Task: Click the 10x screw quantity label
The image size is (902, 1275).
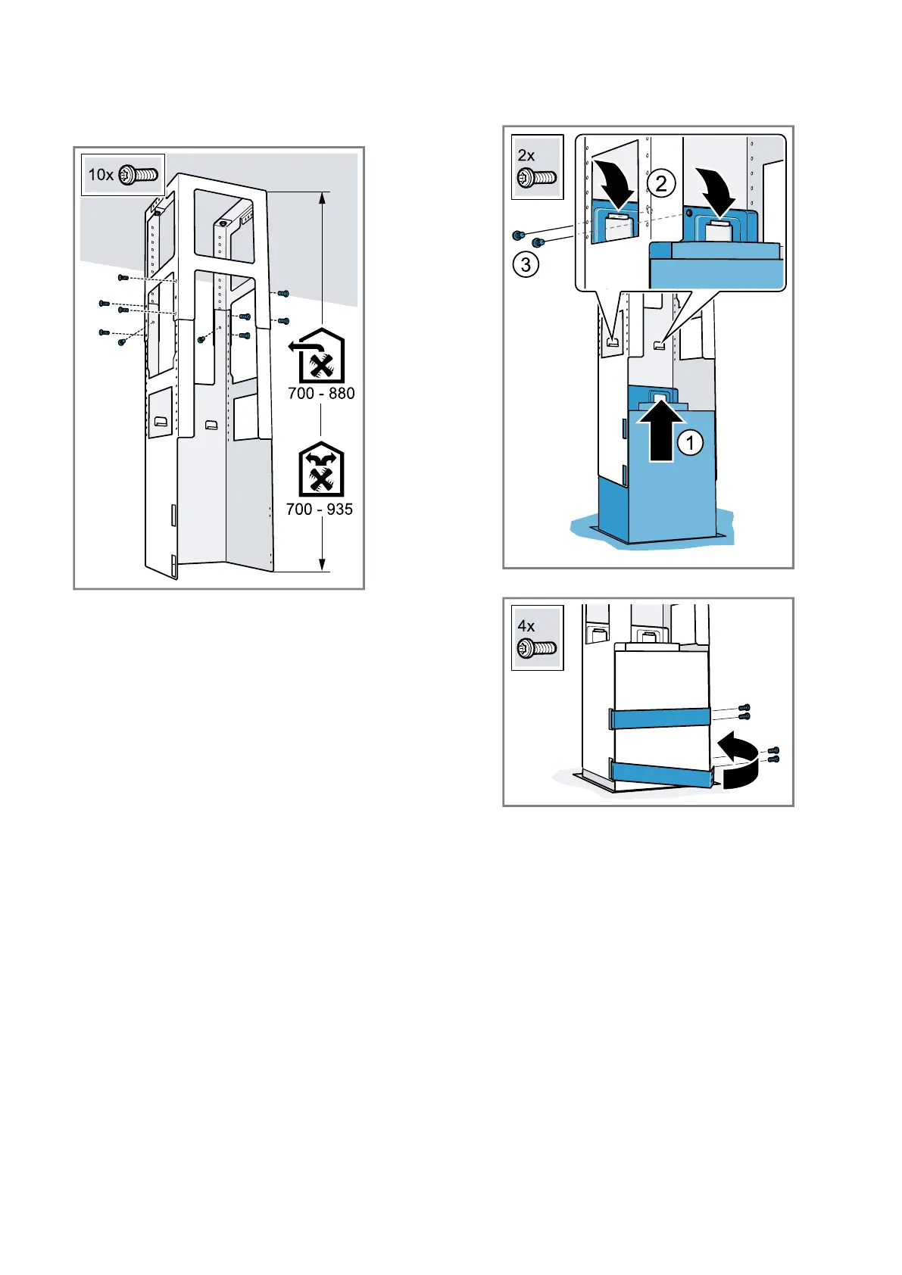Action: pos(101,175)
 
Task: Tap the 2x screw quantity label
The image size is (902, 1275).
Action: pos(526,155)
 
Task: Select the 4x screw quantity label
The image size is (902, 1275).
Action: pos(526,626)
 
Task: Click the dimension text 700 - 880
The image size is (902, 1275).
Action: pos(321,393)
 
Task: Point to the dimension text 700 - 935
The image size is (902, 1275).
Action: pos(320,509)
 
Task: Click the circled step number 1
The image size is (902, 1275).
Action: pos(690,443)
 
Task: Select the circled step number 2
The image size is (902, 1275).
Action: pos(661,183)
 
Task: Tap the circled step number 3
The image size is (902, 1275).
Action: pos(526,264)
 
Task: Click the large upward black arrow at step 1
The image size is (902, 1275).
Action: pos(661,434)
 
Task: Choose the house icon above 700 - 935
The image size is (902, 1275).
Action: pos(321,469)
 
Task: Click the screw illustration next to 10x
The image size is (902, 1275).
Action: pos(139,175)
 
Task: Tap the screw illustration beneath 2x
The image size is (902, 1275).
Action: pos(536,179)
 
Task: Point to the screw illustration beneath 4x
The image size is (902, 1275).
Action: pos(536,649)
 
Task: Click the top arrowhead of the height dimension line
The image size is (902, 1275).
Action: pos(323,198)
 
